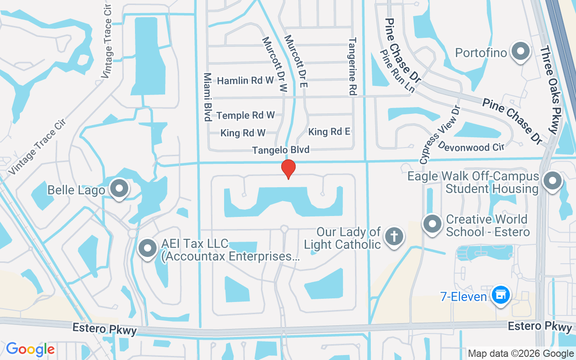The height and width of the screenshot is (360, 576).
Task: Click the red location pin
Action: (x=288, y=169)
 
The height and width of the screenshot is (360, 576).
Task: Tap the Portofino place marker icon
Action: (x=521, y=51)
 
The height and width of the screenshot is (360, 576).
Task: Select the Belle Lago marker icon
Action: (x=120, y=189)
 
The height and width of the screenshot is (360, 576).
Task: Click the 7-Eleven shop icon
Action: (x=499, y=295)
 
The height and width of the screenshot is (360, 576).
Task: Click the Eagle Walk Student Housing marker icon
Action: (x=553, y=181)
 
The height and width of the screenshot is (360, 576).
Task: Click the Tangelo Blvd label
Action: (x=281, y=150)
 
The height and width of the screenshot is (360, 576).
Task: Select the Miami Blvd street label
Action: (x=207, y=97)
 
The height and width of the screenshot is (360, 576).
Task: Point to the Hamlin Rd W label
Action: (x=245, y=81)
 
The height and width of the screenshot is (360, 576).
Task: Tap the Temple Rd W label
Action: (x=246, y=116)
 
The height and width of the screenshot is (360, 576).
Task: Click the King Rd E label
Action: (x=329, y=132)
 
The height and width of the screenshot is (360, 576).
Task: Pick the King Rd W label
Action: (x=243, y=133)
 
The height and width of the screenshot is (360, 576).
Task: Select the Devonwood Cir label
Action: (x=470, y=147)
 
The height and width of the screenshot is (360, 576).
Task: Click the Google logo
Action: (x=30, y=349)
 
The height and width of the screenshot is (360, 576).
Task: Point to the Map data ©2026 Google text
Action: (x=520, y=354)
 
